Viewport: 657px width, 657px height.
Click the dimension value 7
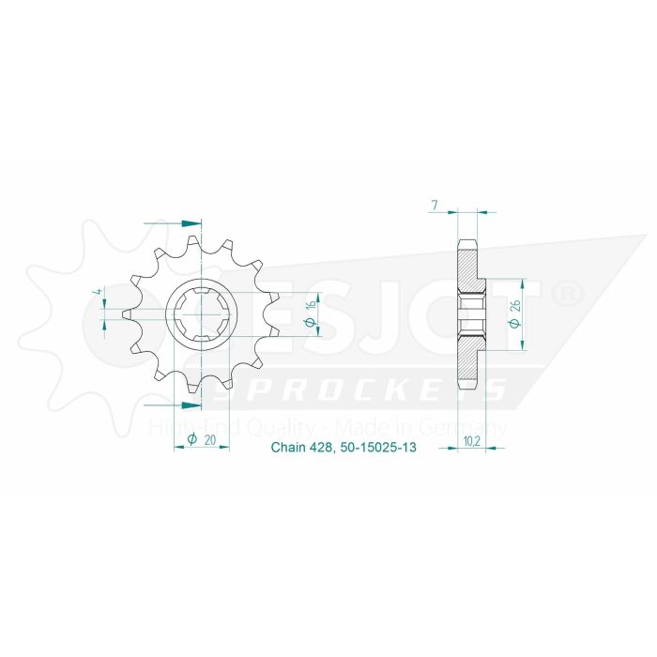(x=434, y=205)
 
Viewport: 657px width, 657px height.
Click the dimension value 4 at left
(x=97, y=298)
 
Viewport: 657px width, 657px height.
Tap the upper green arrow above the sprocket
(x=191, y=223)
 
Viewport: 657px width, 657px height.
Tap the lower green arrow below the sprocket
(x=190, y=405)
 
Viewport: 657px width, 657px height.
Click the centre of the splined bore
(x=201, y=315)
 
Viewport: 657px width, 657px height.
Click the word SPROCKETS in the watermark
(x=357, y=390)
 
